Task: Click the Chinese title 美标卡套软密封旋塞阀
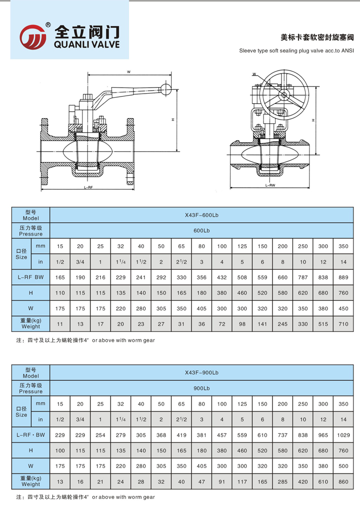click(x=317, y=37)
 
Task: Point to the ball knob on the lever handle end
click(x=166, y=90)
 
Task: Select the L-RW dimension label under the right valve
click(x=270, y=185)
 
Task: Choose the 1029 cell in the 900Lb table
click(x=343, y=435)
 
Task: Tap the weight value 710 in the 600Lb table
click(x=343, y=324)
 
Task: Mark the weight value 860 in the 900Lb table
click(x=343, y=482)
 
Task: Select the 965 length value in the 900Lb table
click(x=323, y=435)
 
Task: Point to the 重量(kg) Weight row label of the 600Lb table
click(x=31, y=324)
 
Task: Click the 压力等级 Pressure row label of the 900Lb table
click(x=31, y=388)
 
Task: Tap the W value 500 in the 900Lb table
click(x=343, y=466)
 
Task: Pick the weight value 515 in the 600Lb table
click(x=323, y=324)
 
